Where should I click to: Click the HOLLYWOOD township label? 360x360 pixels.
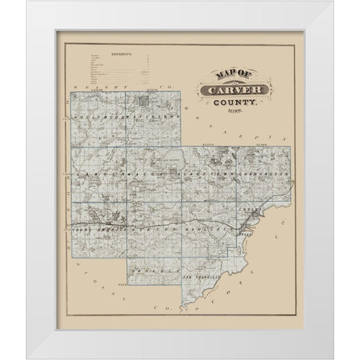tap(97, 117)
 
